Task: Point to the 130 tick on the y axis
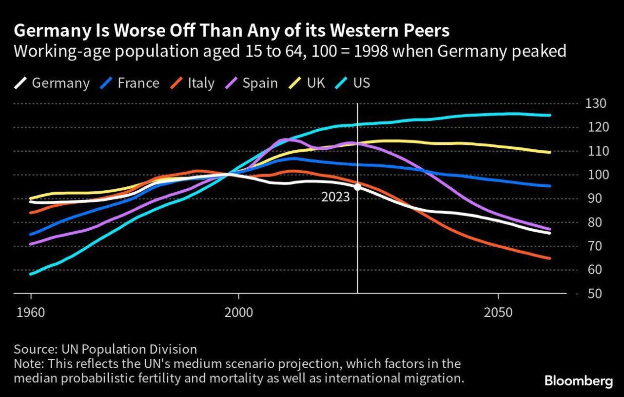[589, 104]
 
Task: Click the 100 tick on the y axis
[589, 175]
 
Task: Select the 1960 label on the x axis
[31, 312]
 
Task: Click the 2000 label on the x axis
[239, 312]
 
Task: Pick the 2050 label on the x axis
[498, 312]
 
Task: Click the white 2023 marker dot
[358, 186]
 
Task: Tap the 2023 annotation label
[335, 198]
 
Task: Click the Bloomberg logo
[578, 381]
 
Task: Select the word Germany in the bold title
[52, 31]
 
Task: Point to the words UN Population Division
[129, 349]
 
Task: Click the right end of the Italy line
[550, 258]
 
